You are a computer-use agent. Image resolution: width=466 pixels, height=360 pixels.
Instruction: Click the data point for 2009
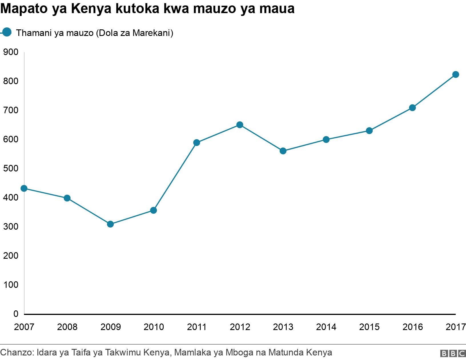pos(110,224)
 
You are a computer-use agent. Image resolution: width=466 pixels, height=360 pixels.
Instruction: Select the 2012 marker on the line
pos(240,125)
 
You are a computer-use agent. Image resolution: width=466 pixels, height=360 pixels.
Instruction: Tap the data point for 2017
pos(456,75)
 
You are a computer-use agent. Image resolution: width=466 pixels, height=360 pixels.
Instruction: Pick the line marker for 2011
pos(197,143)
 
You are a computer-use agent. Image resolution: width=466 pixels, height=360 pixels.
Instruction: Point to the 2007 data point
pos(24,189)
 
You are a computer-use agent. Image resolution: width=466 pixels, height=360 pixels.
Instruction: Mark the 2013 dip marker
pos(283,151)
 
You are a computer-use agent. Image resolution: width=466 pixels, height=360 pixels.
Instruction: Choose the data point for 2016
pos(412,108)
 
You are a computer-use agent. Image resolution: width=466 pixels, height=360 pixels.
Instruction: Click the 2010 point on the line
pos(153,211)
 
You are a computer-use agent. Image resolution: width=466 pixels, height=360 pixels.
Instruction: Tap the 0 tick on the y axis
pos(16,314)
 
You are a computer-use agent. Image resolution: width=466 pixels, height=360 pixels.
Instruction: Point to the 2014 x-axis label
pos(326,327)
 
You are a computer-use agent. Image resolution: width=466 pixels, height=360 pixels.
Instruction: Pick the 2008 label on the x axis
pos(67,327)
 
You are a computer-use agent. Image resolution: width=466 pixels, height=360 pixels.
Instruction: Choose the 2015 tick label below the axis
pos(369,327)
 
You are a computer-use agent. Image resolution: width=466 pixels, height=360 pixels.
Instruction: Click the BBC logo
pos(453,353)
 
